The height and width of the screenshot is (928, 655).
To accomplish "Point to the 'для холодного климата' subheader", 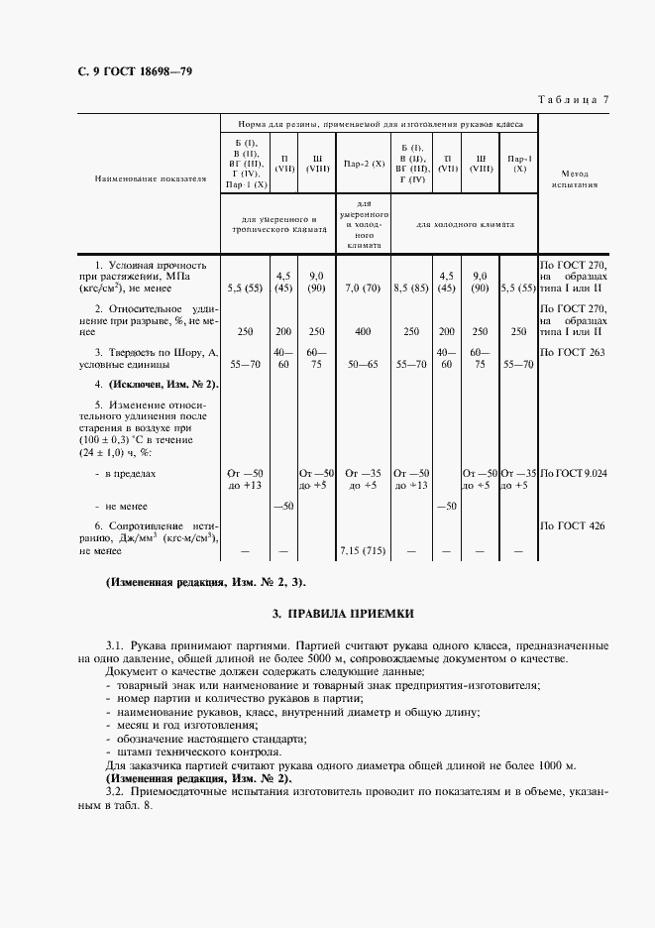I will point(465,225).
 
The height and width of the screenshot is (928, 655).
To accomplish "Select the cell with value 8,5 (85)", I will point(411,289).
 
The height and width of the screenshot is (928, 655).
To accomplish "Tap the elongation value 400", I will point(364,332).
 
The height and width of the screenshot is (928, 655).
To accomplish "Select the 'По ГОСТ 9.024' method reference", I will point(574,474).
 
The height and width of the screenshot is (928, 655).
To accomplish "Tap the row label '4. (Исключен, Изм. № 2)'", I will point(157,384).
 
